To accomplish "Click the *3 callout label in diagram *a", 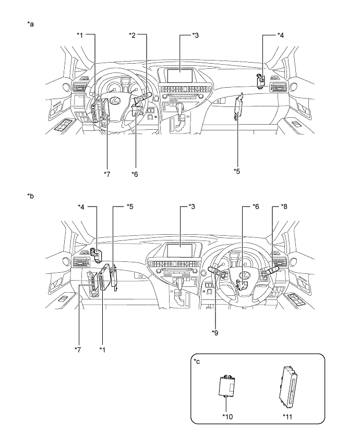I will [x=195, y=35].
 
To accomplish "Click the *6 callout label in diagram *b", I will [x=256, y=207].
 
